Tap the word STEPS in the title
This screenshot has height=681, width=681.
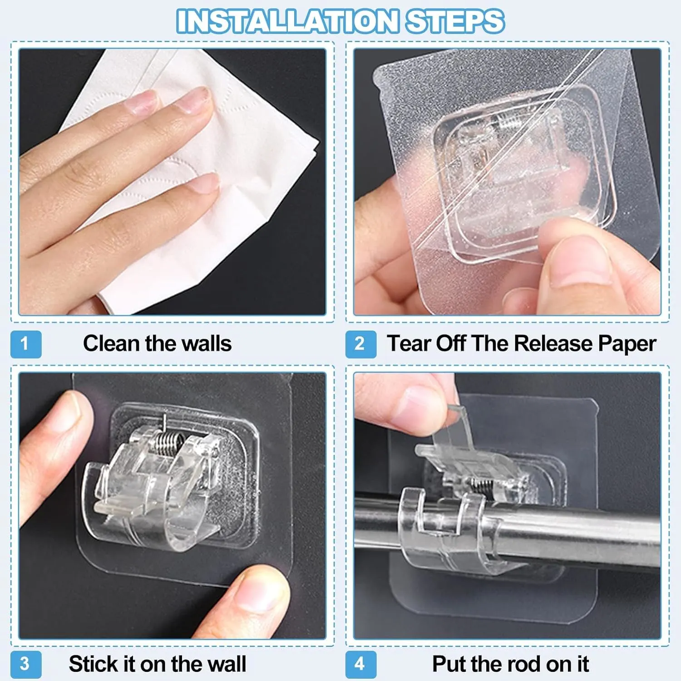tap(455, 21)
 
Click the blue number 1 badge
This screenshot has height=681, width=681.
tap(26, 344)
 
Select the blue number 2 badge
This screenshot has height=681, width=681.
tap(361, 344)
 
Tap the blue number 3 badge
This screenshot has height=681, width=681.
tap(26, 664)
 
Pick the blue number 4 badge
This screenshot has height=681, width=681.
tap(361, 664)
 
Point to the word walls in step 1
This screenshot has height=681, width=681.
tap(206, 343)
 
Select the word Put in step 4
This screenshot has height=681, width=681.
tap(449, 664)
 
